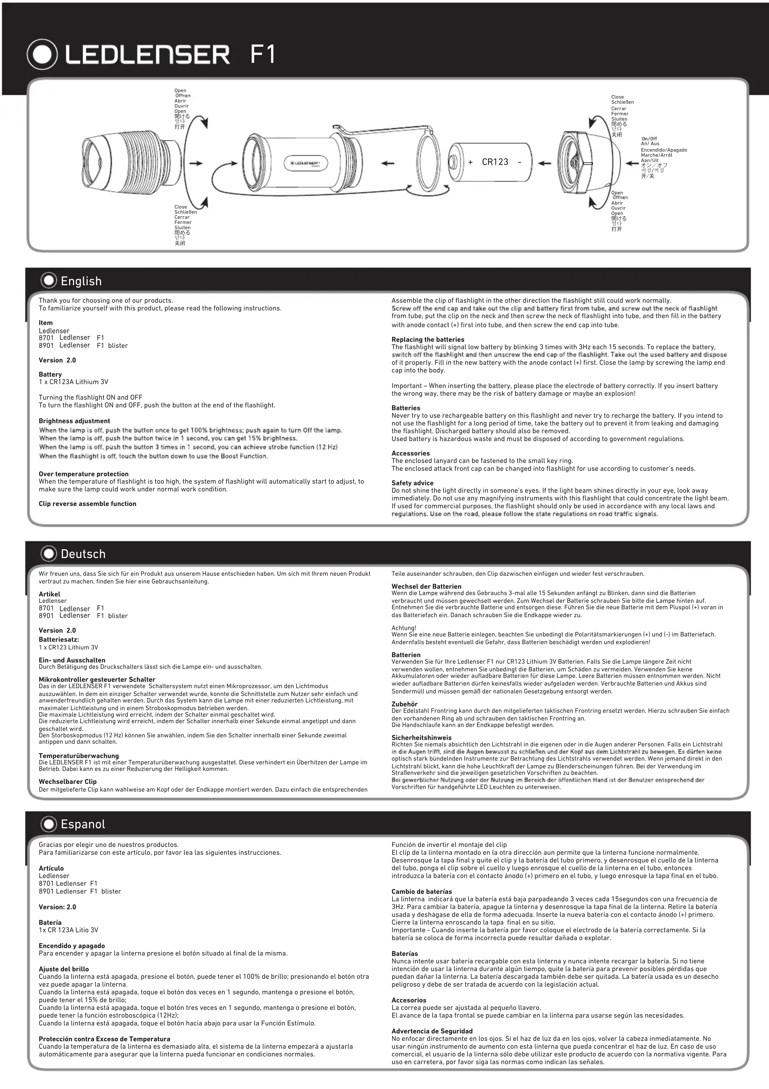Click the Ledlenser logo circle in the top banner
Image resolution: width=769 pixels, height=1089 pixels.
[43, 55]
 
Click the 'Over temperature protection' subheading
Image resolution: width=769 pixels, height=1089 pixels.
[83, 474]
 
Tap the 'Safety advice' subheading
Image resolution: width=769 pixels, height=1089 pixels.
[412, 483]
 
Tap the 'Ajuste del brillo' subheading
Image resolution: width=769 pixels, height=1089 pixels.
[64, 969]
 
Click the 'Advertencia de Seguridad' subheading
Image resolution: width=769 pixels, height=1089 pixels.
[432, 1031]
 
